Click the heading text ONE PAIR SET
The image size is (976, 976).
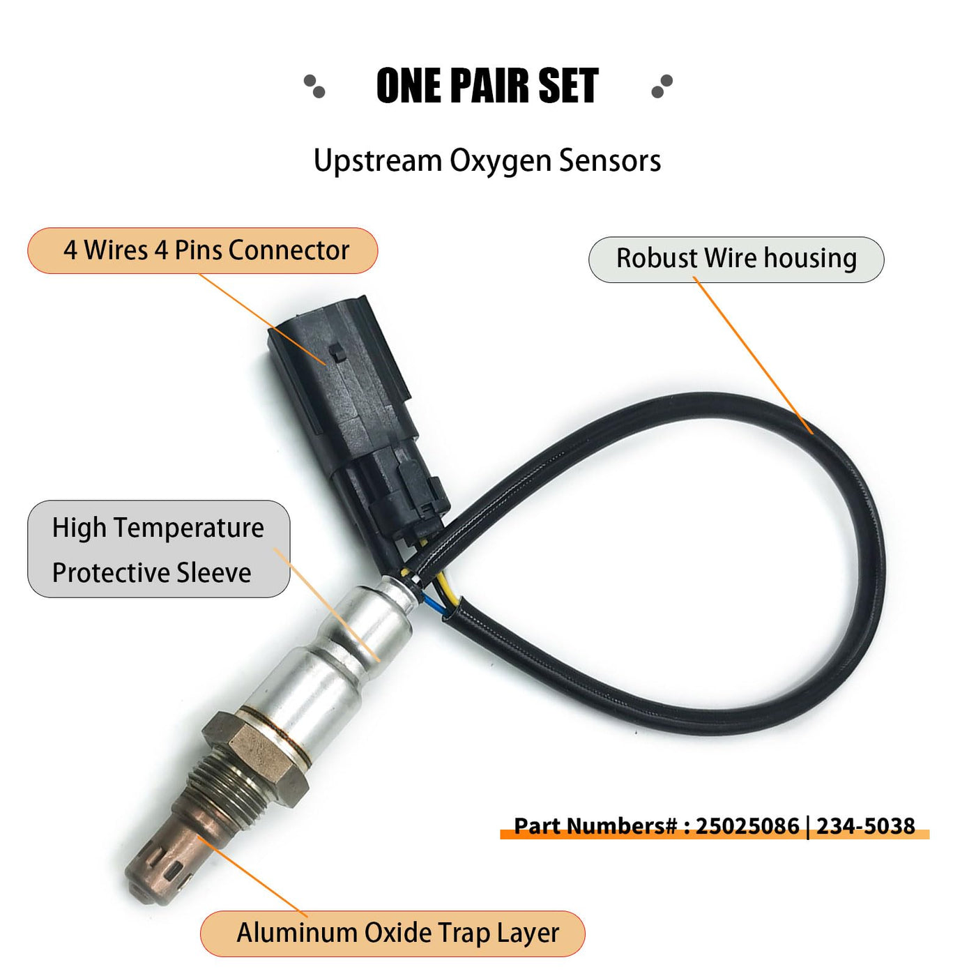pyautogui.click(x=487, y=86)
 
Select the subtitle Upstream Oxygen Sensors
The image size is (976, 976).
pyautogui.click(x=487, y=161)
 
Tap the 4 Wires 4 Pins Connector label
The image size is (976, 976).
pyautogui.click(x=203, y=251)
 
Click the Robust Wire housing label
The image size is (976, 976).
pyautogui.click(x=736, y=259)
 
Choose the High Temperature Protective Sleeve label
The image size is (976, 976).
pyautogui.click(x=158, y=549)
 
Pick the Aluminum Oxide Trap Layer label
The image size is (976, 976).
pyautogui.click(x=392, y=933)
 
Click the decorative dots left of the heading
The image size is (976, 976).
pyautogui.click(x=314, y=86)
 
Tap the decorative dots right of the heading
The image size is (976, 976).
pyautogui.click(x=662, y=86)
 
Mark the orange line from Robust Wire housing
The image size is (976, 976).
pyautogui.click(x=753, y=356)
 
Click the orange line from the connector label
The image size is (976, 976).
pyautogui.click(x=262, y=319)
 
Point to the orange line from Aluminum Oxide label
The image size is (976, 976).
pyautogui.click(x=252, y=876)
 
